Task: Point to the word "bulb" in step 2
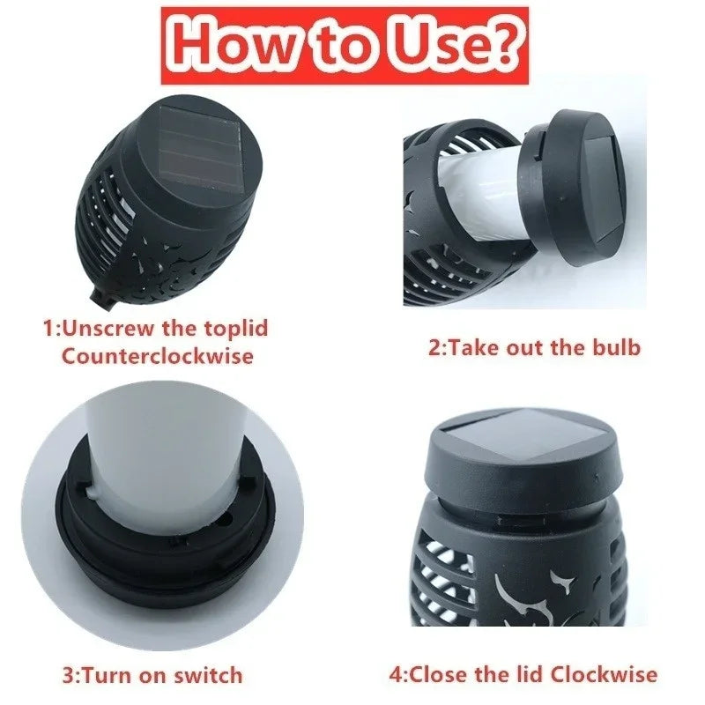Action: pos(617,346)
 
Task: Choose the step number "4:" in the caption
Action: pos(399,674)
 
